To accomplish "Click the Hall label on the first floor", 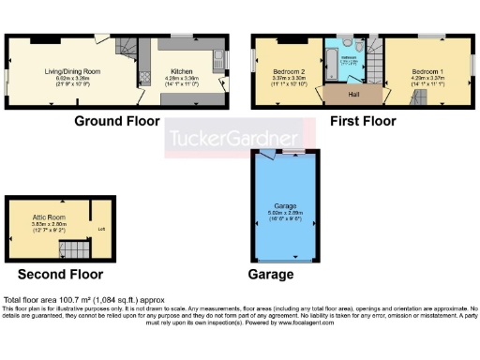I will (352, 94).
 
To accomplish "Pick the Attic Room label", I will (48, 217).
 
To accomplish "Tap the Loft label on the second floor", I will (100, 226).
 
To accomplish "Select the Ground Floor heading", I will (116, 122).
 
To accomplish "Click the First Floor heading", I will (367, 122).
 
